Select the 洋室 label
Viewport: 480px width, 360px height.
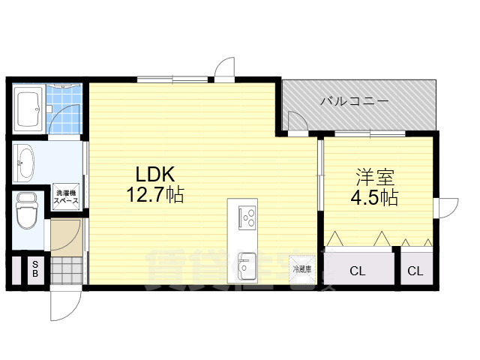(375, 178)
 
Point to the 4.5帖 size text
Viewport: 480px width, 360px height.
(375, 198)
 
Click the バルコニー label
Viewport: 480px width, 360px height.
(355, 100)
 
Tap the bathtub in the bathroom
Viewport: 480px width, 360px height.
(28, 109)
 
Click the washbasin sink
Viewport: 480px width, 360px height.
(25, 161)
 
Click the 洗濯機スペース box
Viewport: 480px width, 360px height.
(67, 198)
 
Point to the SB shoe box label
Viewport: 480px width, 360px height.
(34, 269)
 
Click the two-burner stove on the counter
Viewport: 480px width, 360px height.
(247, 218)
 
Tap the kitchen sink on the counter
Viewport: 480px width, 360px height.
(247, 265)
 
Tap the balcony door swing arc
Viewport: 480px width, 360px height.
(296, 122)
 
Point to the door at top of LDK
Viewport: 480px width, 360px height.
(223, 68)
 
